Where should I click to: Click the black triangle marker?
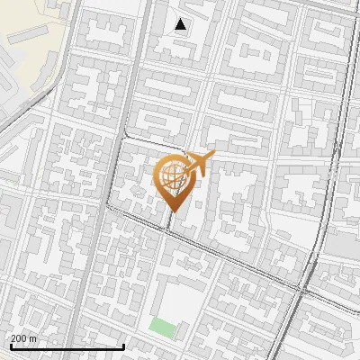tap(181, 25)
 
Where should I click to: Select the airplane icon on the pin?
tap(197, 165)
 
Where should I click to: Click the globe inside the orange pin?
tap(172, 177)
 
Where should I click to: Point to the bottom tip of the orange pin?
tap(173, 211)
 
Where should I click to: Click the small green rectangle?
tap(163, 326)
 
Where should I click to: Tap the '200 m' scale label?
tap(23, 338)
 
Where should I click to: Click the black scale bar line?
tap(67, 346)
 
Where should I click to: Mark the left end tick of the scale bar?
tap(10, 345)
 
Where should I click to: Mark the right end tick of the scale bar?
tap(123, 345)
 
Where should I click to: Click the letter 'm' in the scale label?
tap(32, 338)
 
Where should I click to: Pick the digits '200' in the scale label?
tap(19, 338)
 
